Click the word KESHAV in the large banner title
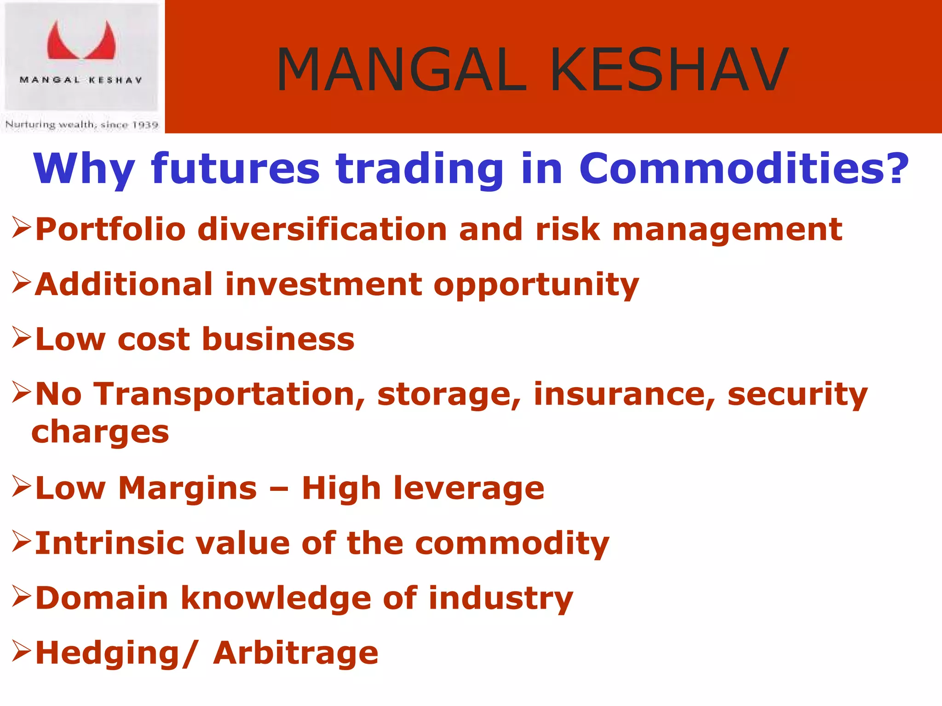[x=669, y=70]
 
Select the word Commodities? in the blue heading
[x=743, y=169]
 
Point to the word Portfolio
[x=110, y=229]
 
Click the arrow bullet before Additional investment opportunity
[x=21, y=282]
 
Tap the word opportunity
[x=536, y=285]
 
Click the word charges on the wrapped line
[x=100, y=433]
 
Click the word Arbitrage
[x=295, y=653]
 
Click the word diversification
[x=322, y=229]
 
